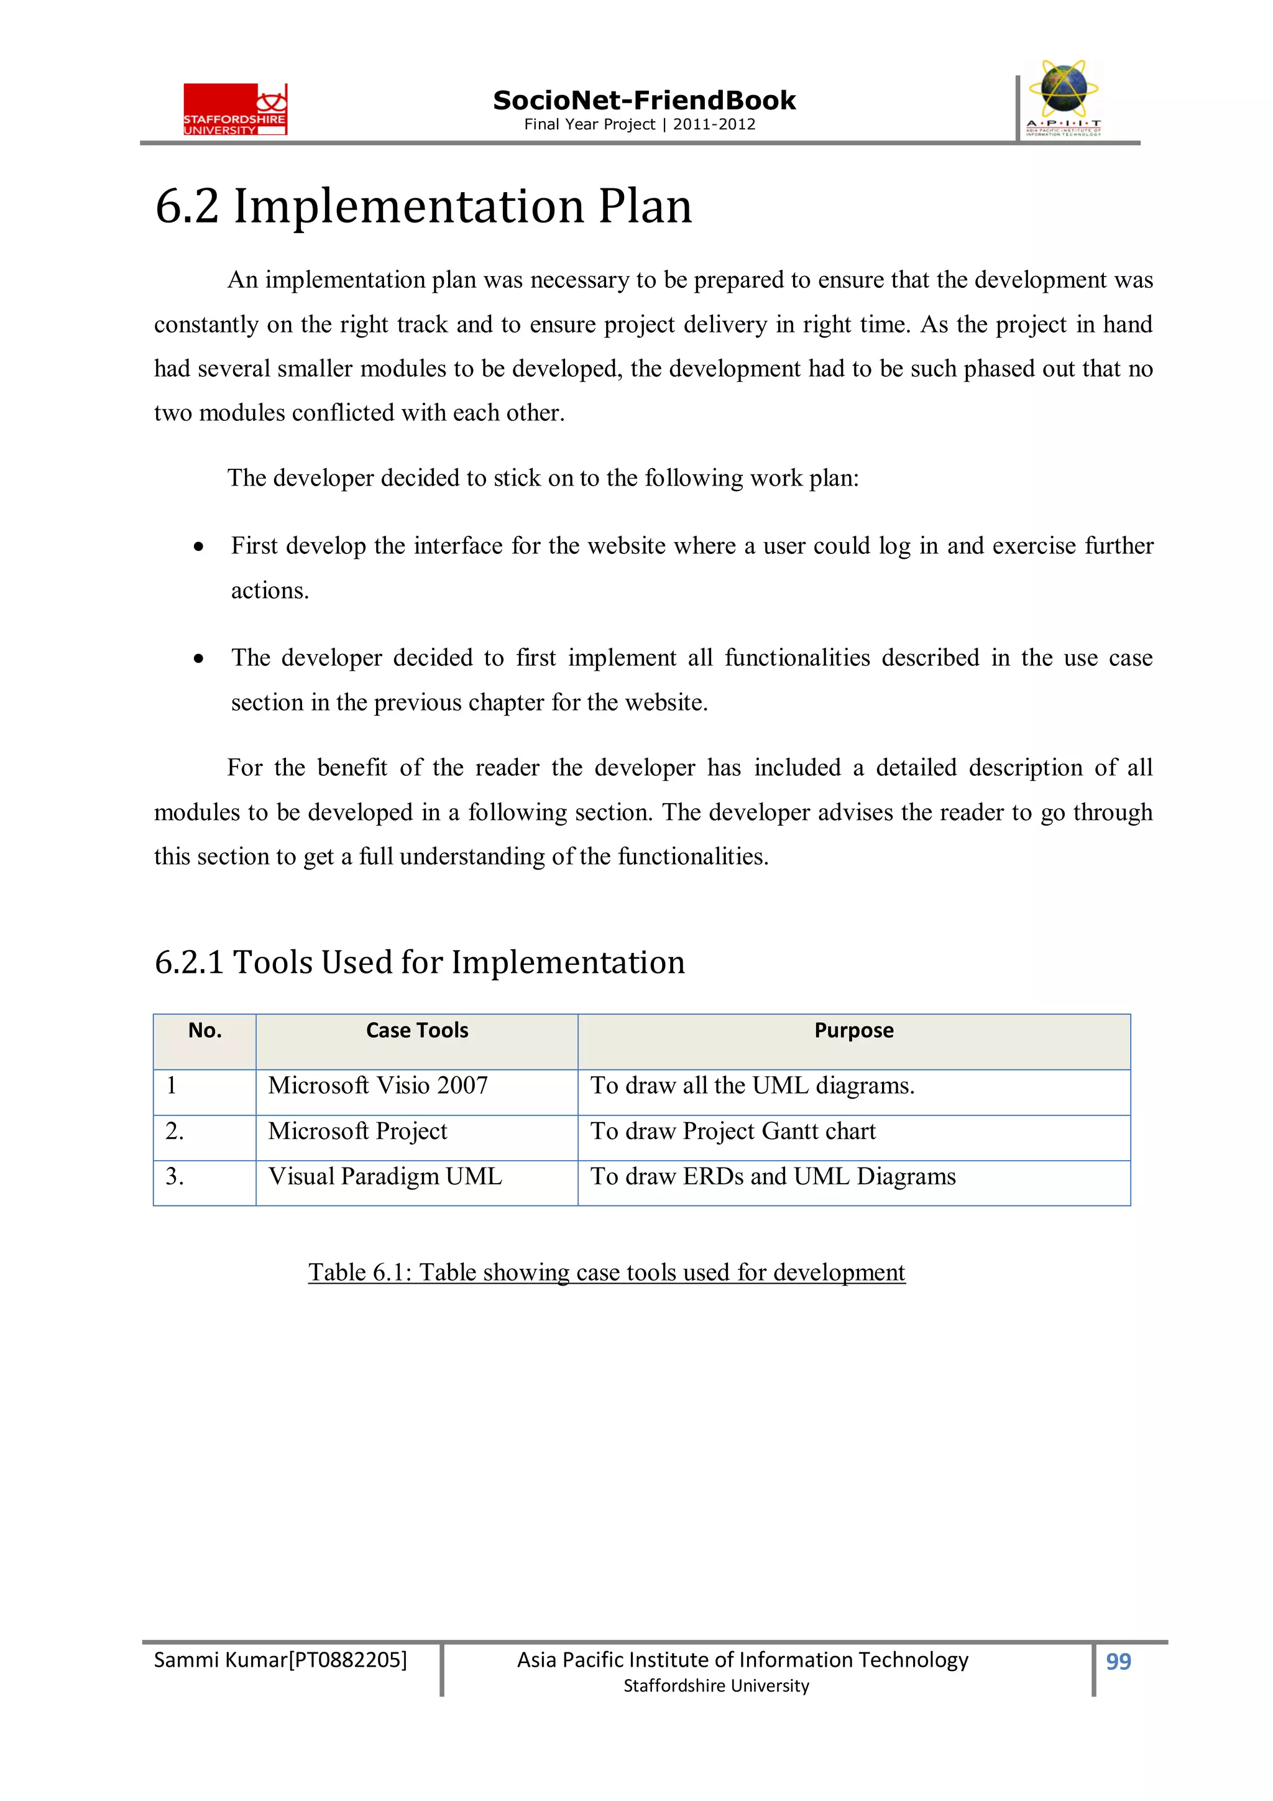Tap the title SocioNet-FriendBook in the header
[643, 101]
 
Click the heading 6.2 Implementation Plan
[423, 207]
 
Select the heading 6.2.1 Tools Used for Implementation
[420, 962]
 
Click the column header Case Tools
[416, 1030]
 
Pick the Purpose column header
[853, 1030]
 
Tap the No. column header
[205, 1030]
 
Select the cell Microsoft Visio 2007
[378, 1085]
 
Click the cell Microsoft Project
[357, 1131]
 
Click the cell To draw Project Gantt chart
[733, 1131]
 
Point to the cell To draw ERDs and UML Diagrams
[773, 1177]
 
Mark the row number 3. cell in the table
[175, 1177]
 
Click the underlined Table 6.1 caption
[606, 1271]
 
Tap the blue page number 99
[1118, 1661]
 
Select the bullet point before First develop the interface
[200, 546]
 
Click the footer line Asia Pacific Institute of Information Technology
[742, 1660]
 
